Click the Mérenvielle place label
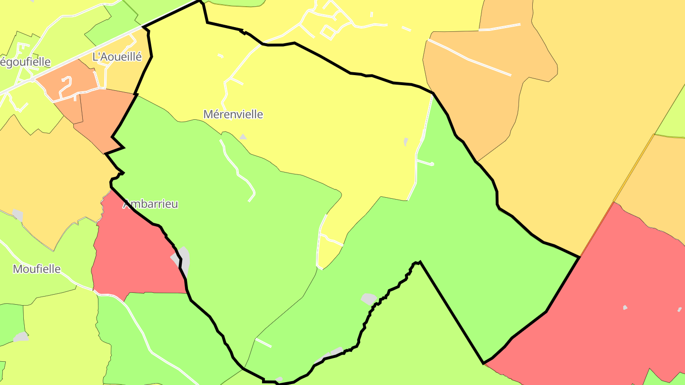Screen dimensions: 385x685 (x=233, y=115)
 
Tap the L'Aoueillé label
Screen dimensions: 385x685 (x=117, y=57)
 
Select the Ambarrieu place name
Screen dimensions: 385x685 (x=151, y=204)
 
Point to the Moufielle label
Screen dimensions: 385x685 (x=37, y=269)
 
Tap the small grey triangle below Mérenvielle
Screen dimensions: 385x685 (x=243, y=137)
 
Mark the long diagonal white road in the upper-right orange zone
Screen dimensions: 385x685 (x=469, y=58)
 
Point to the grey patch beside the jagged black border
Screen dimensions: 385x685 (x=369, y=299)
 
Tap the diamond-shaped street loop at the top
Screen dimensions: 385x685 (x=329, y=32)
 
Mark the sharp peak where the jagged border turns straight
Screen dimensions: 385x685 (x=419, y=262)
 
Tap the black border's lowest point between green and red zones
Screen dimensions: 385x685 (x=484, y=363)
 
